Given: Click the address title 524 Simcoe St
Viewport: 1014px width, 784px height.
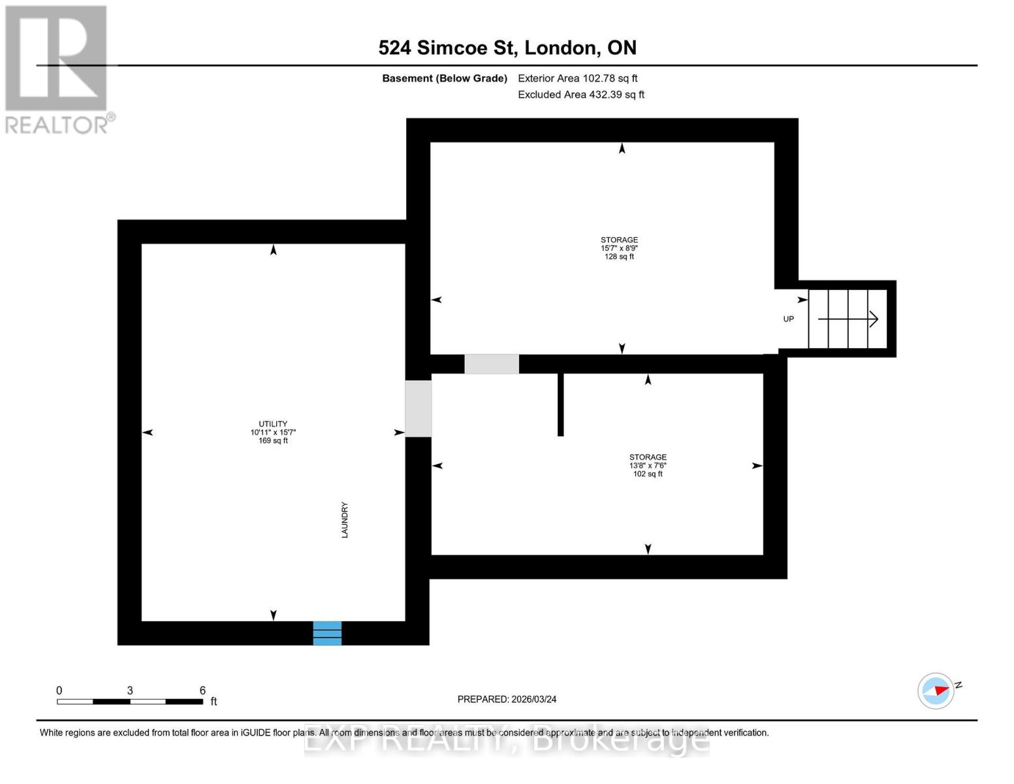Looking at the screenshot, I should point(507,48).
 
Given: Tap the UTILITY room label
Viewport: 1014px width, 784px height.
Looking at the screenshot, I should point(273,424).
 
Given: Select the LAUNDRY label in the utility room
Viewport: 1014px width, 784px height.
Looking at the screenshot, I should point(345,520).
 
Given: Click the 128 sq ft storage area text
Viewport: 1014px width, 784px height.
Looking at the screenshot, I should point(619,257).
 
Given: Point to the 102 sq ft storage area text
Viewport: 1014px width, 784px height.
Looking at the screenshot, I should point(648,474).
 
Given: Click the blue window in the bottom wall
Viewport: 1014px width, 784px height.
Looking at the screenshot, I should point(327,633).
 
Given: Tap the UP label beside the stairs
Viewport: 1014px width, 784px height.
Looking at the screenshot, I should point(789,319).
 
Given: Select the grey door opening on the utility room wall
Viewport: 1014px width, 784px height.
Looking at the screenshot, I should point(419,408).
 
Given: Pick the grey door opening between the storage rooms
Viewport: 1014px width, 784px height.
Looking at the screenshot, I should point(492,364).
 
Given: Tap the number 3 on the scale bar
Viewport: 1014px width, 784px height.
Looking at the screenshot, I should point(130,691).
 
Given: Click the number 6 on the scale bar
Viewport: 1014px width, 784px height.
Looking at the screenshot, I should point(202,691).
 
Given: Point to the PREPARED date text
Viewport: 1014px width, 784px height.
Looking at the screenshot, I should point(507,699).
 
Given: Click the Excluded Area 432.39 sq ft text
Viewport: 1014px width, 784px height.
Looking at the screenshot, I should point(581,95).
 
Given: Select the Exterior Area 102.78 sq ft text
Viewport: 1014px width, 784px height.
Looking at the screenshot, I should point(578,78).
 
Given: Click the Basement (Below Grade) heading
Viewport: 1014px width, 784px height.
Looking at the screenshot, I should point(445,78).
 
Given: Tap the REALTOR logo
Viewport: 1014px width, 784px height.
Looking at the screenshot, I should point(57,69).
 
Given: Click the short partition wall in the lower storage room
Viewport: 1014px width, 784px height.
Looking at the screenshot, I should point(560,404).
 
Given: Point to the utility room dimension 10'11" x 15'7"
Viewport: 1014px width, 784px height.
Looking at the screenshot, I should point(273,433).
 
